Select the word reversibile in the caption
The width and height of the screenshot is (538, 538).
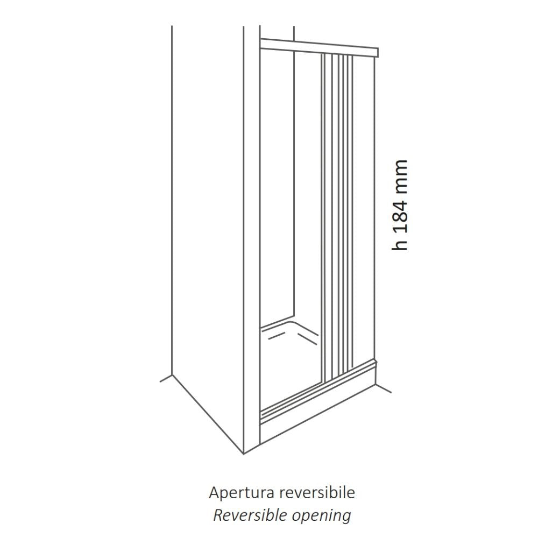(x=317, y=493)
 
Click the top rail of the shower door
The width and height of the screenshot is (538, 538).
(x=319, y=48)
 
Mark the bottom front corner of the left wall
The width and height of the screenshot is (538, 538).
(x=243, y=454)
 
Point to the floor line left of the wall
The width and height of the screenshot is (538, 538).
(x=166, y=378)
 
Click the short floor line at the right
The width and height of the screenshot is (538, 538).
(x=384, y=388)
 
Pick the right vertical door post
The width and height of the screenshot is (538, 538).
(x=374, y=209)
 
